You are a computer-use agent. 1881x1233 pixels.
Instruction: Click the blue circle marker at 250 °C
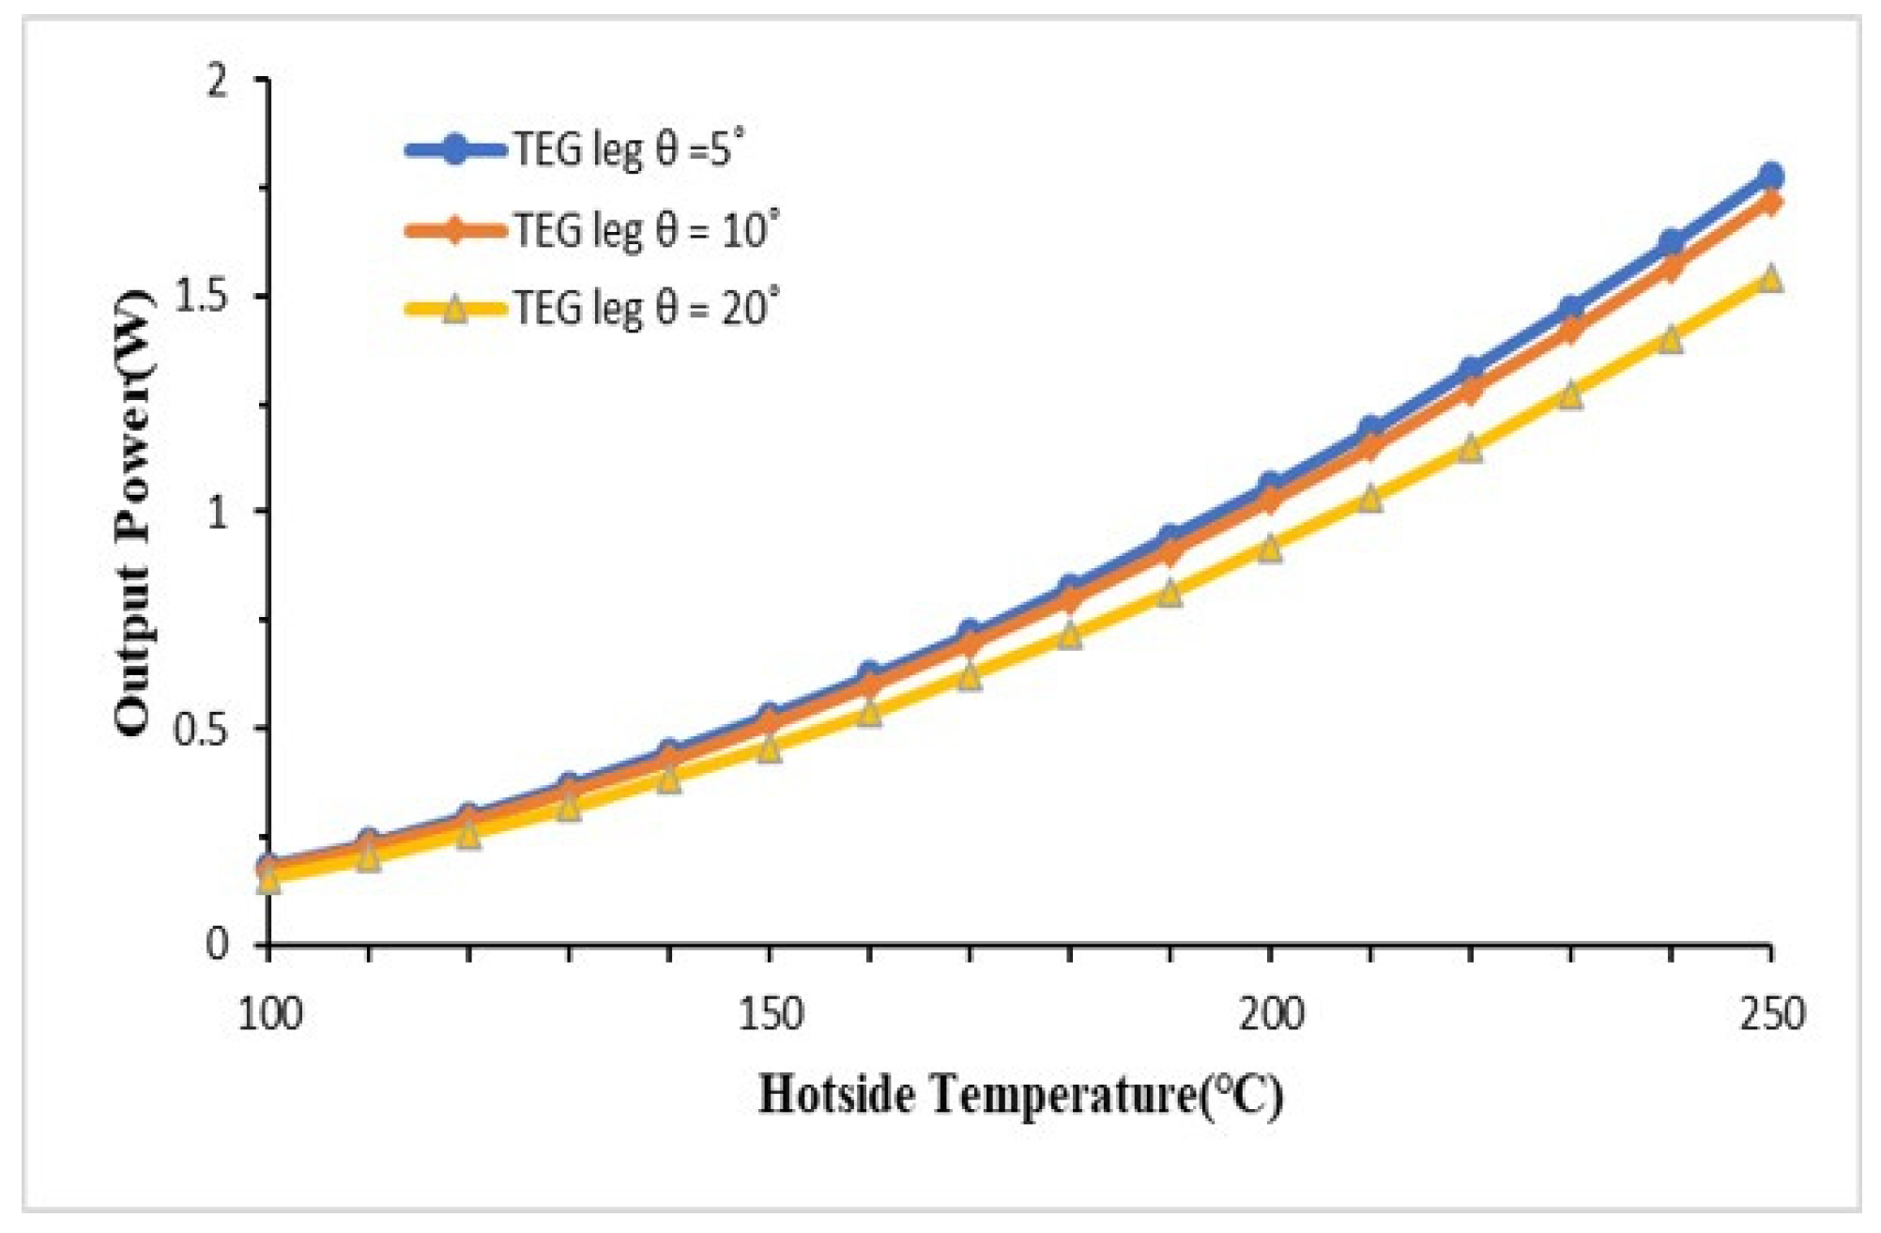tap(1770, 177)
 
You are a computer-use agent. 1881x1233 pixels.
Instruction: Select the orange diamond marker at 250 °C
tap(1770, 203)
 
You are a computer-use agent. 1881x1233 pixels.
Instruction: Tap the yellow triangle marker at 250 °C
tap(1770, 278)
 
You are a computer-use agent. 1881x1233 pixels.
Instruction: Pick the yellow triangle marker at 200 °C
tap(1270, 547)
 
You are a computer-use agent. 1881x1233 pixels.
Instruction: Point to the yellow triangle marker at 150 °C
tap(770, 748)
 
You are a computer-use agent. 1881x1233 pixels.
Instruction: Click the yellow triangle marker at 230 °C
tap(1570, 395)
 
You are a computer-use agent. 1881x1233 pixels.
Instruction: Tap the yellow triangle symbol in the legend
tap(455, 309)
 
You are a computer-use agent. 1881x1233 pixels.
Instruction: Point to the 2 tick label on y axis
tap(219, 81)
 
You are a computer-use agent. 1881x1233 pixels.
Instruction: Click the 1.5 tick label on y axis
tap(203, 297)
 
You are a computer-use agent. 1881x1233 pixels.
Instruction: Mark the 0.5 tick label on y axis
tap(203, 729)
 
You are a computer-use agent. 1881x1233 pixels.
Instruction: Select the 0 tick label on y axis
tap(217, 944)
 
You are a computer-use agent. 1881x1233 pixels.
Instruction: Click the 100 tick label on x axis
tap(270, 1015)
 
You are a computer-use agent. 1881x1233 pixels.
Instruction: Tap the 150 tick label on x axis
tap(770, 1015)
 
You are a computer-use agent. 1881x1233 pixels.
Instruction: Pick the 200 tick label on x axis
tap(1270, 1015)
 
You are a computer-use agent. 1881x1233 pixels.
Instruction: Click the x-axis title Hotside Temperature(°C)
tap(1020, 1095)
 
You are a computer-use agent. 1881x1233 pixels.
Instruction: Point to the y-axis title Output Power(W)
tap(133, 512)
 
